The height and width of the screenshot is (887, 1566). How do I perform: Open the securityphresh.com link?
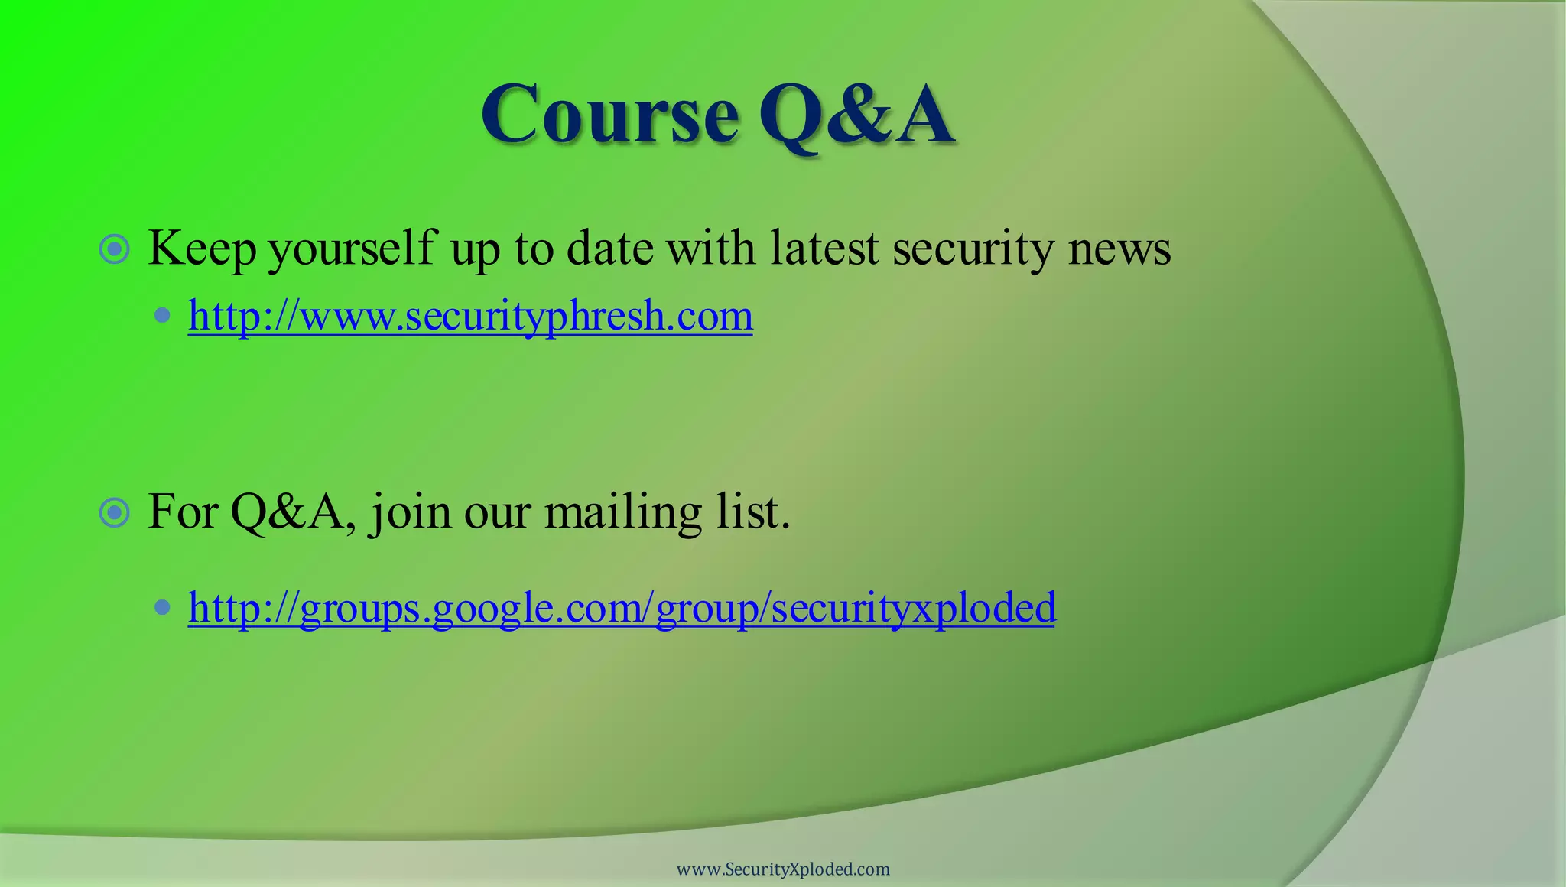[x=470, y=316]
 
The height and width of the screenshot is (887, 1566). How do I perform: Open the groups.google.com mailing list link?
[x=622, y=609]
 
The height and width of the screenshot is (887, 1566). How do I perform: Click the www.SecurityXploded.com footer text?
[x=783, y=869]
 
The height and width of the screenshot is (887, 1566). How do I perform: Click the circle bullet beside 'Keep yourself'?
[x=115, y=249]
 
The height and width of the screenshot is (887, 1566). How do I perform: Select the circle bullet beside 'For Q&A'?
[x=115, y=512]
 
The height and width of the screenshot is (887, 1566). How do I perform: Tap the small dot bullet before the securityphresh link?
[x=162, y=315]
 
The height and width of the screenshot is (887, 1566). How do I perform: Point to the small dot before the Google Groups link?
[x=162, y=608]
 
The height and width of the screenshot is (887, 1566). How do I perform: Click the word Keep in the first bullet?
[x=202, y=249]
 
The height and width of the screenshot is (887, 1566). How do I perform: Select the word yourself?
[x=352, y=249]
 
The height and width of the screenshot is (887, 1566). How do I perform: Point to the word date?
[x=609, y=249]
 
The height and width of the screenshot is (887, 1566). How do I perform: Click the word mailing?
[x=622, y=512]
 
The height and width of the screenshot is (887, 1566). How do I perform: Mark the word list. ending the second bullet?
[x=752, y=512]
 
